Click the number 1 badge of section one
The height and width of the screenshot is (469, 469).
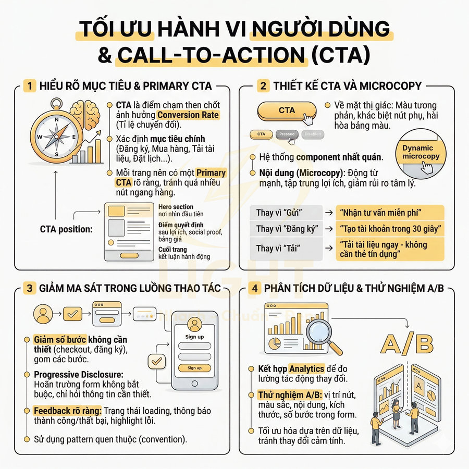pyautogui.click(x=30, y=85)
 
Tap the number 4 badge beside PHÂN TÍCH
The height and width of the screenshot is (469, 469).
pyautogui.click(x=254, y=288)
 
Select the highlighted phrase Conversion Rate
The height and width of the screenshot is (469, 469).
pyautogui.click(x=188, y=115)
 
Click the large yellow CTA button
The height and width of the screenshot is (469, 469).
pyautogui.click(x=287, y=110)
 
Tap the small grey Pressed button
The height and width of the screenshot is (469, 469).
pyautogui.click(x=287, y=134)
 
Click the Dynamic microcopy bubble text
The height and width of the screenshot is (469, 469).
pyautogui.click(x=421, y=152)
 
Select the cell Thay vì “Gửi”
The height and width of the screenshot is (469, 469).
pyautogui.click(x=280, y=213)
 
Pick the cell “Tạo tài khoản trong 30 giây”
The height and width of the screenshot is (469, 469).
pyautogui.click(x=390, y=228)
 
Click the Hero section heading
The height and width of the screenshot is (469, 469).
pyautogui.click(x=176, y=207)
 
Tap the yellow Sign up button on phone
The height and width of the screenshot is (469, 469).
pyautogui.click(x=194, y=368)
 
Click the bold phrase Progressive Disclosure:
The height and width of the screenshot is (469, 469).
pyautogui.click(x=78, y=375)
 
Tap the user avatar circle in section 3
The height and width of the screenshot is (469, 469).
pyautogui.click(x=43, y=314)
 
